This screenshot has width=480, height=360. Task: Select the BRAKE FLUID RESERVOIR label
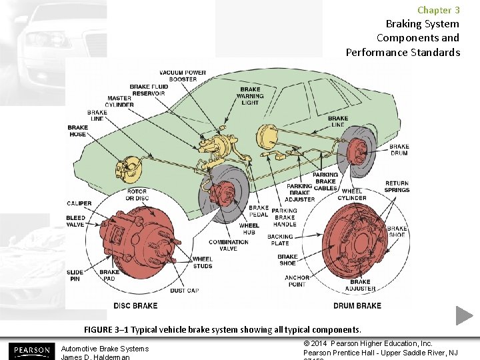pos(149,90)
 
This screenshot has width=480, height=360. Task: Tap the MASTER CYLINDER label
pos(119,101)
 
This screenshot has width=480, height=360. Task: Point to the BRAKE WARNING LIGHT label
pos(250,96)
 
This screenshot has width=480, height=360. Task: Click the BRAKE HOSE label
pos(77,131)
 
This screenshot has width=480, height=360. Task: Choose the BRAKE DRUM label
pos(399,150)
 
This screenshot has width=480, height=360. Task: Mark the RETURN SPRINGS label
pos(397,187)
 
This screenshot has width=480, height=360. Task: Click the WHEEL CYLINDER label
pos(352,194)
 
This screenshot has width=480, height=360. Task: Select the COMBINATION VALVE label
pos(229,245)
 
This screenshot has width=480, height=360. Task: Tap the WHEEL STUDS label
pos(203,262)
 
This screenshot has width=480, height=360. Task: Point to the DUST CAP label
pos(184,291)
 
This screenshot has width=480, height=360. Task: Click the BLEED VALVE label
pos(75,222)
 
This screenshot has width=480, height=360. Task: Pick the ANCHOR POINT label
pos(297,281)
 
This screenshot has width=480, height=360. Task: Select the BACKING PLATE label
pos(280,240)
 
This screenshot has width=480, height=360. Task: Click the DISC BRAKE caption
pos(135,305)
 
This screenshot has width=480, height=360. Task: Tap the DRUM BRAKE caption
pos(357,305)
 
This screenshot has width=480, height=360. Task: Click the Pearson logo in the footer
pos(31,350)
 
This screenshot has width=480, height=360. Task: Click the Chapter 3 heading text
pos(438,10)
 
